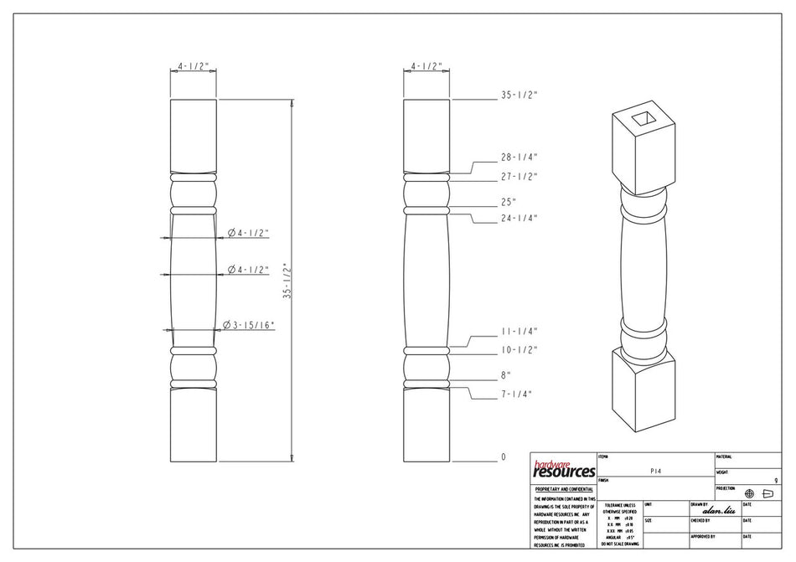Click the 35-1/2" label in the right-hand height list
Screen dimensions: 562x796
(x=519, y=95)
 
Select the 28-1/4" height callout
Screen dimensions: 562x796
(x=519, y=157)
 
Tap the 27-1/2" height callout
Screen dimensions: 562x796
(x=519, y=177)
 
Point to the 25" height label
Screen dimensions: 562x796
(x=509, y=202)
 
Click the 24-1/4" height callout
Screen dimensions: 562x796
(x=519, y=219)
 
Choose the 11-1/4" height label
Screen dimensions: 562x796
(x=519, y=331)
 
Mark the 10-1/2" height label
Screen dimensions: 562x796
(x=519, y=349)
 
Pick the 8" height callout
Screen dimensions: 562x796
(x=506, y=375)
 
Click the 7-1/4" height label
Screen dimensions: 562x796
(x=517, y=394)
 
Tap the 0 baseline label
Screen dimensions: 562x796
(x=504, y=457)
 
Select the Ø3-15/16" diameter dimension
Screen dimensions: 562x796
(x=249, y=325)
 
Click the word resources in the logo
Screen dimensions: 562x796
(x=563, y=472)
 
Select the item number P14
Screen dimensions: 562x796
(x=656, y=472)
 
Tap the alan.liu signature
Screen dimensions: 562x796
(x=718, y=510)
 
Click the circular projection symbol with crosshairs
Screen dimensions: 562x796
(x=749, y=494)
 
